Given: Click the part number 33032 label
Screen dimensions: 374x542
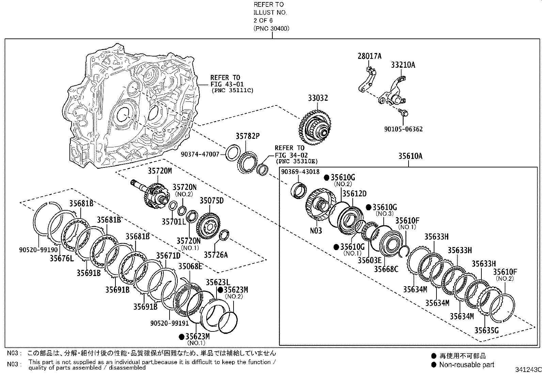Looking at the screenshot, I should pos(318,98).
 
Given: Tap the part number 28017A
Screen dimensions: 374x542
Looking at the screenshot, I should pos(369,56).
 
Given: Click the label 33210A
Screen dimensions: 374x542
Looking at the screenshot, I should pos(403,65).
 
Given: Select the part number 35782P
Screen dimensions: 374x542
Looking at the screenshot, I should pos(248,136).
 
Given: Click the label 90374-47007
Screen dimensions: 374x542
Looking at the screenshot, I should pos(205,155).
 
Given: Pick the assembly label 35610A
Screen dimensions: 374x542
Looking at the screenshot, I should pos(410,156).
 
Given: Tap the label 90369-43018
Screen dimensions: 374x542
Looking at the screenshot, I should pos(300,172).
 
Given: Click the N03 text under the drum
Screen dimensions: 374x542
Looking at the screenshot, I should pos(316,231).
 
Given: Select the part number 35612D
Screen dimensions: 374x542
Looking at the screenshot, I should pos(354,194).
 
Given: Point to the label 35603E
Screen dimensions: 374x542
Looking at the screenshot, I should pos(369,260).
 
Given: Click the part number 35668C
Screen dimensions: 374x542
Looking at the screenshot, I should pos(386,269).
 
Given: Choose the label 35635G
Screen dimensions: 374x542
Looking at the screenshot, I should pos(487,330).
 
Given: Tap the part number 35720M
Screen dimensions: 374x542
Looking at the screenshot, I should pos(160,171).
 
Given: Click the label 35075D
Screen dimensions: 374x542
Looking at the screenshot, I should pos(211,200).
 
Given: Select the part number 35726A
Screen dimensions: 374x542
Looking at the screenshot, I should pos(216,254).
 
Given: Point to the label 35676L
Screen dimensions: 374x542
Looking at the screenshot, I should pos(62,259).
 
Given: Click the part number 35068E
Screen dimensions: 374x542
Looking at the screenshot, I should pos(190,266).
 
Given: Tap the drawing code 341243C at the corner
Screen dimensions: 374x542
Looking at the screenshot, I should pos(528,370).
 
